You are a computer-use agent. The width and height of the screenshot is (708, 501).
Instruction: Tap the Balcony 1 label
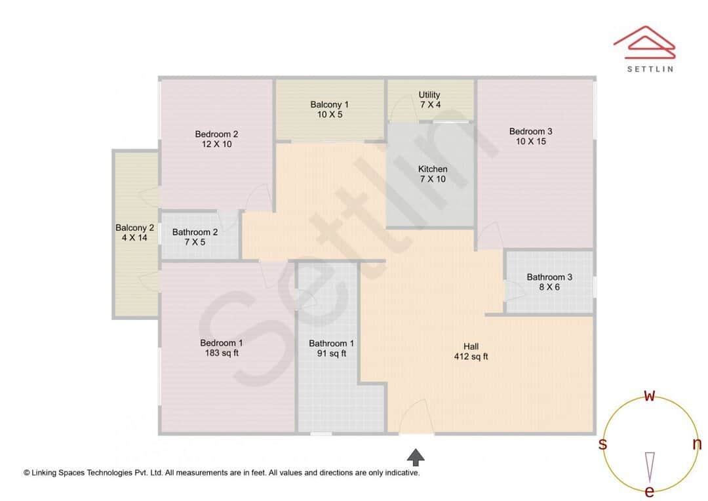click(329, 104)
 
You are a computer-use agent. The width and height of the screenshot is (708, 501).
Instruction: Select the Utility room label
click(429, 95)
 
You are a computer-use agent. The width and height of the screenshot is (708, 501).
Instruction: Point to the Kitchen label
click(433, 169)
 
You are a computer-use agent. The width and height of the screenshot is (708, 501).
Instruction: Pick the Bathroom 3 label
click(549, 277)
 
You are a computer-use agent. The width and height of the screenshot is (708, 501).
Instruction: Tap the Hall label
click(471, 347)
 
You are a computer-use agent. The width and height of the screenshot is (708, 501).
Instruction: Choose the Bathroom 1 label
click(332, 344)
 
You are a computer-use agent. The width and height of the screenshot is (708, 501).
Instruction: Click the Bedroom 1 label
click(222, 343)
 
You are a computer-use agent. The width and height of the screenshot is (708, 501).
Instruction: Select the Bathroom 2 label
click(195, 232)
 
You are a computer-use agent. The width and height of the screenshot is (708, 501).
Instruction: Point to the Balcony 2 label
click(134, 228)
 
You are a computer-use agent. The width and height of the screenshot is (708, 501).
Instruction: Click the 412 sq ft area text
click(471, 357)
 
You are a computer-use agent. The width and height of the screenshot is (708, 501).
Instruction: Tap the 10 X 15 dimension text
click(530, 142)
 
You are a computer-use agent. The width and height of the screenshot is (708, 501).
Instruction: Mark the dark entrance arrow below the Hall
click(416, 456)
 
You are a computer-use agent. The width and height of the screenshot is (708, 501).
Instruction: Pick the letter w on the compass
click(650, 396)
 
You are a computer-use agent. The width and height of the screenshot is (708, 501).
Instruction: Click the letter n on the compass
click(697, 445)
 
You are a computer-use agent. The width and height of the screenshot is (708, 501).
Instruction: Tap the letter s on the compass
click(602, 445)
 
